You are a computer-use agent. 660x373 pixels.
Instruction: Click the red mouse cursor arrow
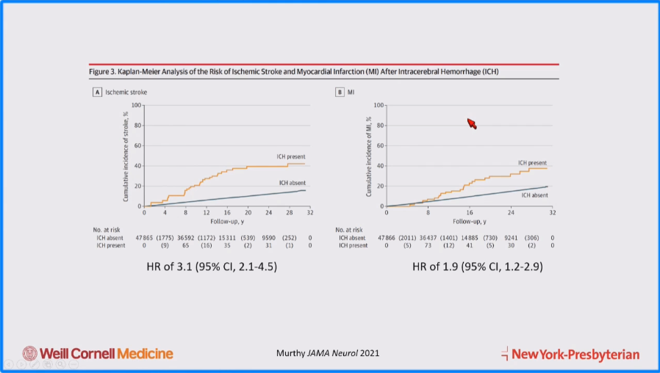coord(472,123)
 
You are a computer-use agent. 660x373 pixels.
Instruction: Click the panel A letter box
coord(96,92)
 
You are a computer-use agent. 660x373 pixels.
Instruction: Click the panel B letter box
coord(340,92)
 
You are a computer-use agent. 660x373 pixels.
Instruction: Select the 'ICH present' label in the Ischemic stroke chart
coord(290,156)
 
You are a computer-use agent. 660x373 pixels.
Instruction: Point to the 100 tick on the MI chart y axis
coord(379,105)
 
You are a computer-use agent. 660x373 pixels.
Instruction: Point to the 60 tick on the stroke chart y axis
coord(136,145)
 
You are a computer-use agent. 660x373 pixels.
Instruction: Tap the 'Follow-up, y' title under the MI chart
coord(468,220)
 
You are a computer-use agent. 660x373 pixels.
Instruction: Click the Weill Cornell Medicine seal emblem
coord(30,353)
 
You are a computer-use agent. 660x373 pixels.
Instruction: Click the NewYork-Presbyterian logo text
coord(575,354)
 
